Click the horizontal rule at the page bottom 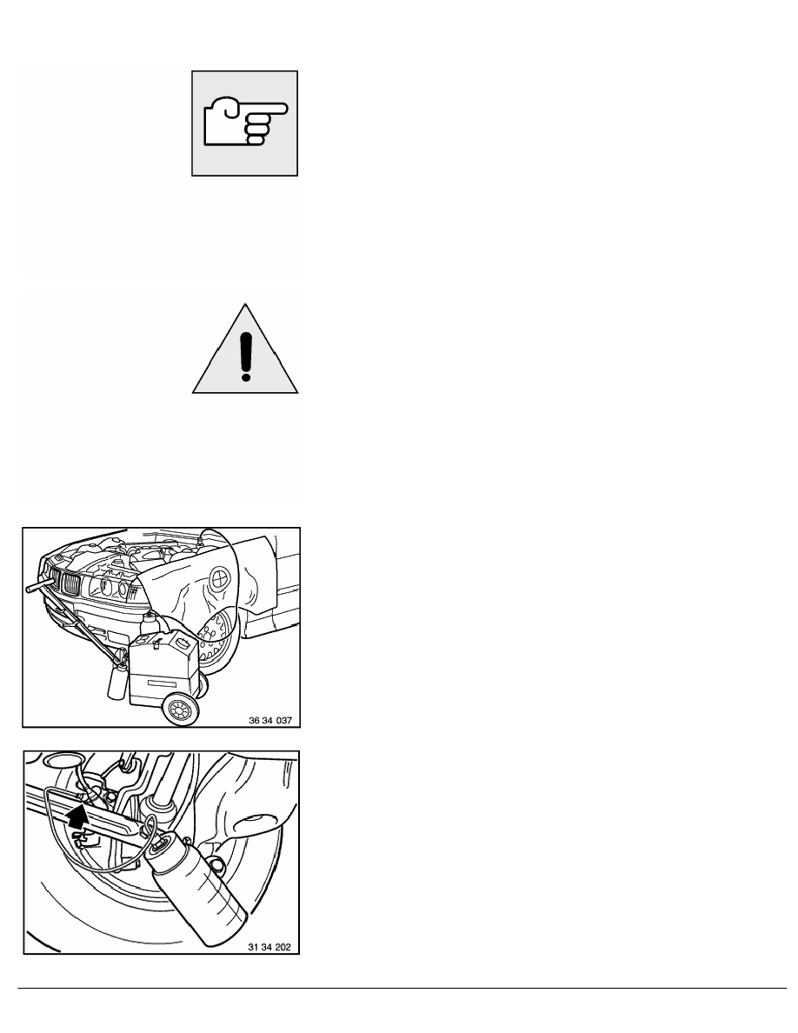(x=399, y=988)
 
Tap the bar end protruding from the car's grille (x=32, y=588)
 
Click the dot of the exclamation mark (x=246, y=376)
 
